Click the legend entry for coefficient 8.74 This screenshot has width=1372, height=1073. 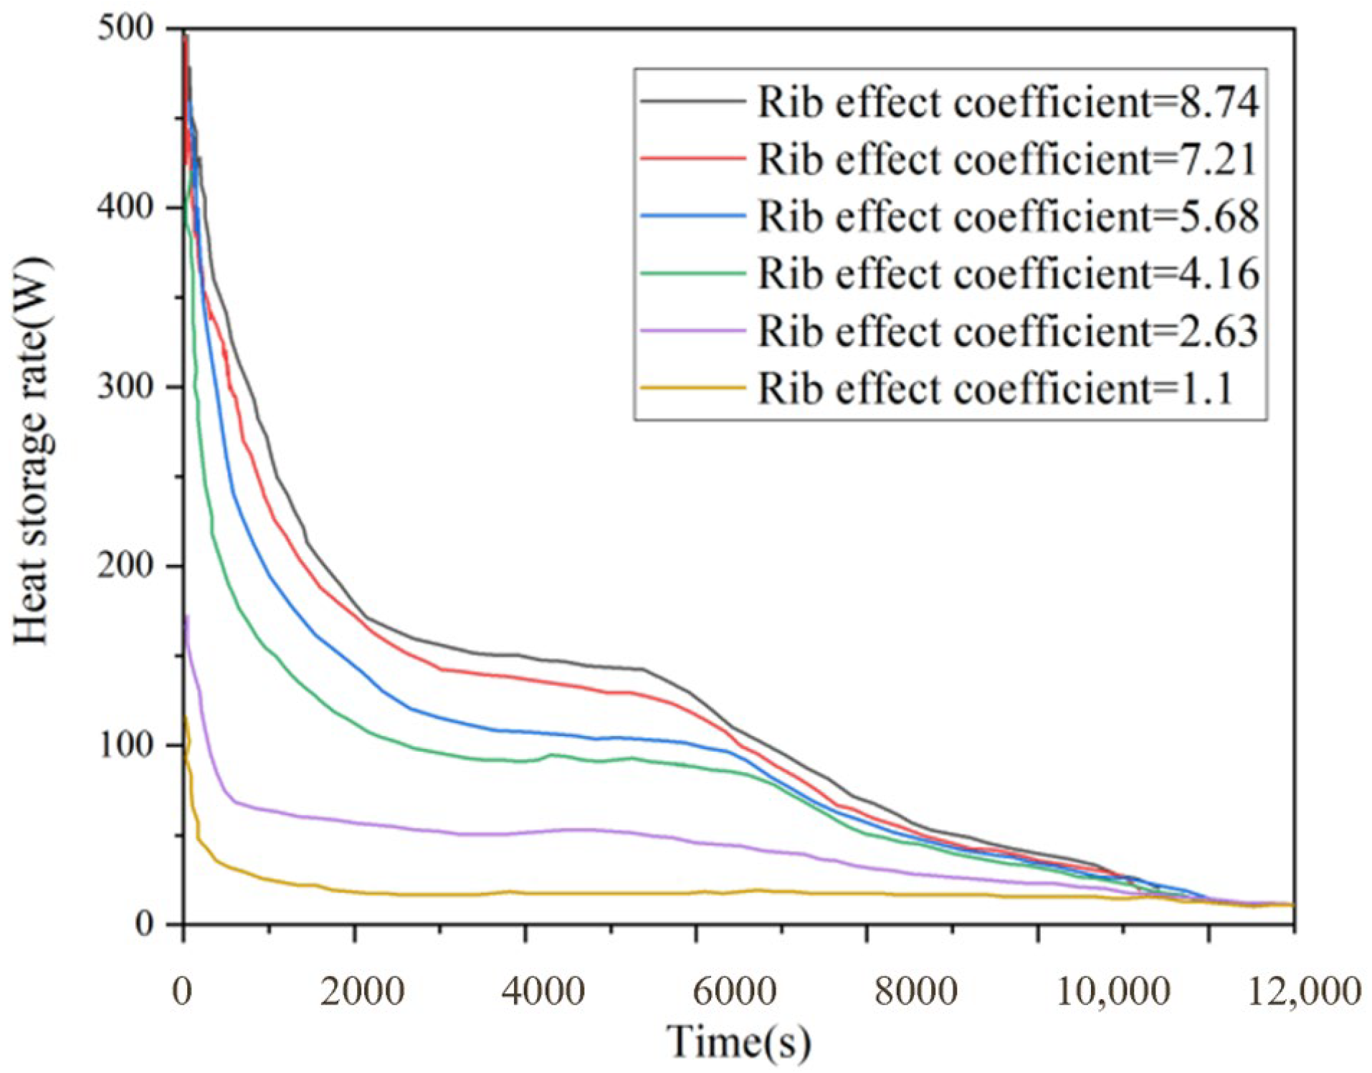950,102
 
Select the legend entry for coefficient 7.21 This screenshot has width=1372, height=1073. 950,159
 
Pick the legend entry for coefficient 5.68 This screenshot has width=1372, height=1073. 950,216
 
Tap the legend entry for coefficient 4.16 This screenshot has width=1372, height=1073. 950,274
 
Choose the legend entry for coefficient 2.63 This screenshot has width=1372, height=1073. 950,331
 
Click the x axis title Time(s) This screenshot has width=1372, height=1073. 739,1041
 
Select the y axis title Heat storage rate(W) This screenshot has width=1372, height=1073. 33,452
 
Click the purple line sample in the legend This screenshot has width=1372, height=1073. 692,331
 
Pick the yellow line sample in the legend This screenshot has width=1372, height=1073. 692,388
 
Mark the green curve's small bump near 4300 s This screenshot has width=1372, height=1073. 551,755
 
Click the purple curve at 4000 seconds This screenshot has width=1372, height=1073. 525,833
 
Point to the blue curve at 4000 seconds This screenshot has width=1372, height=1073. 525,732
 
